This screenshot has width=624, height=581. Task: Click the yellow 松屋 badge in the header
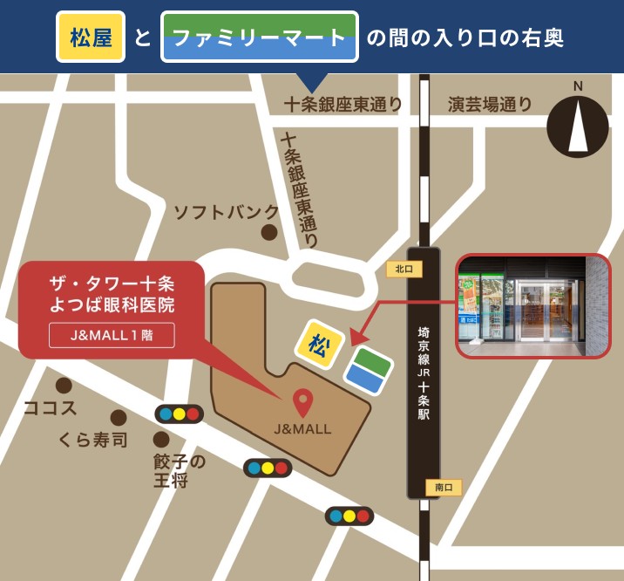91,38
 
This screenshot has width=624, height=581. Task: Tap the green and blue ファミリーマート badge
260,38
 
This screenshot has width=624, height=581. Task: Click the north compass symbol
577,122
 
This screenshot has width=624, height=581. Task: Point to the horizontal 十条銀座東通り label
343,105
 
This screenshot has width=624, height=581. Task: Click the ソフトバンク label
226,212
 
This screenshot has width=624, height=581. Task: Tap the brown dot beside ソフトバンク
270,233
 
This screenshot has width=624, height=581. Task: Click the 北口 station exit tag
404,270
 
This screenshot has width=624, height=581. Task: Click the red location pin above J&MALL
302,402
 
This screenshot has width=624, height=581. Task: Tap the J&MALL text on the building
302,429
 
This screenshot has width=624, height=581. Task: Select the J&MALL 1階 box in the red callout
112,335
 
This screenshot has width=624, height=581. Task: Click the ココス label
50,407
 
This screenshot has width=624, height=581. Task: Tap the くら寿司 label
93,439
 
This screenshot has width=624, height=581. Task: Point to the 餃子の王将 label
180,471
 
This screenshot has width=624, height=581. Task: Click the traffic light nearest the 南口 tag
349,516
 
